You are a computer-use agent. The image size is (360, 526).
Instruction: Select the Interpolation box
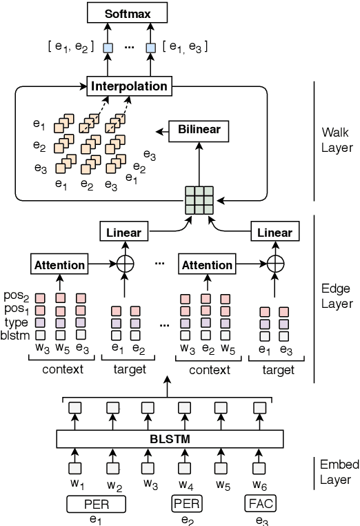[129, 86]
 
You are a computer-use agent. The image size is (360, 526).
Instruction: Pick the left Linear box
[124, 233]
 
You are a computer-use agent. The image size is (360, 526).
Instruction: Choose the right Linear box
[274, 233]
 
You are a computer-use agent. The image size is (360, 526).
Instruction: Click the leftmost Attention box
[59, 264]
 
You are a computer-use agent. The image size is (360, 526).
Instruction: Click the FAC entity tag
[261, 505]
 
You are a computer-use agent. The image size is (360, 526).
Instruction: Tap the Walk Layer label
[337, 139]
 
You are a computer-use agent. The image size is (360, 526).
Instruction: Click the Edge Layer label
[337, 296]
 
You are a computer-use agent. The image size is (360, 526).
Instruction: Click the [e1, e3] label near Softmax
[184, 47]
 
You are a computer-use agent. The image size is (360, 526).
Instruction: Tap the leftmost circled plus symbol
[125, 264]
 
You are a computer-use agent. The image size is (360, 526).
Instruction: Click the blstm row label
[16, 336]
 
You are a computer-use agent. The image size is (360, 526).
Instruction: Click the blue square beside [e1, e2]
[107, 48]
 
